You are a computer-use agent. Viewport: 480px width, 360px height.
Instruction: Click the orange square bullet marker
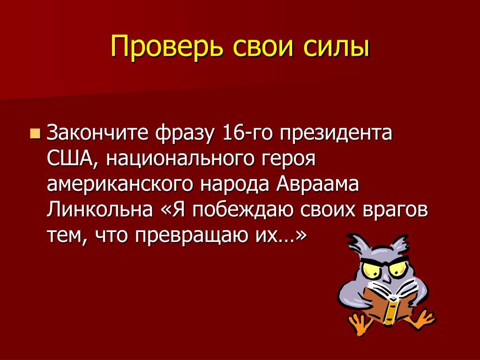(x=35, y=134)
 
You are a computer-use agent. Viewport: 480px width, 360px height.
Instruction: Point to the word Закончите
(x=97, y=133)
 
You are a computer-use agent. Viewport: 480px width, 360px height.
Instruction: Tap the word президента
(x=336, y=134)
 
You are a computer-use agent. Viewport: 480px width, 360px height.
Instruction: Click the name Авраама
(x=317, y=184)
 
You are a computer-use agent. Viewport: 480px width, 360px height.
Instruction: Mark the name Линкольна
(x=99, y=210)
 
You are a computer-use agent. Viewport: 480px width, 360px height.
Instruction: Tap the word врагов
(x=395, y=211)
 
